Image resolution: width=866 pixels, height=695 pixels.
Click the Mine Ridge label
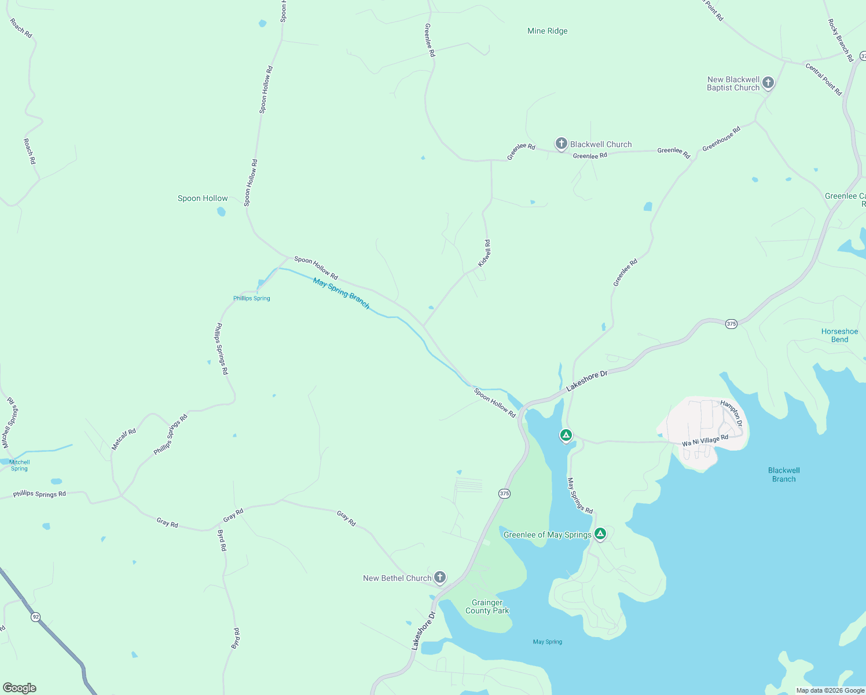coord(547,31)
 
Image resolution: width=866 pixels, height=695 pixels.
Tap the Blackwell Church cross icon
coord(561,144)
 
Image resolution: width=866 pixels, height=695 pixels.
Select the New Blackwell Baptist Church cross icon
coord(768,83)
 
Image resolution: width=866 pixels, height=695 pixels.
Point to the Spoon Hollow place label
coord(203,199)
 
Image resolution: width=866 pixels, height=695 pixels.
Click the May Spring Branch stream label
coord(341,293)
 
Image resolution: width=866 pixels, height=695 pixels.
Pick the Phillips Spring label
coord(252,298)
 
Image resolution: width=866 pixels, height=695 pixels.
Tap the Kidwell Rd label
coord(485,253)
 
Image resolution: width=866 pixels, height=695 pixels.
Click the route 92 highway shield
coord(36,617)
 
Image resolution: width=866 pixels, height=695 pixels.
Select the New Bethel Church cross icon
coord(440,577)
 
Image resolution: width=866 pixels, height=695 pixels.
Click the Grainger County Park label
coord(487,607)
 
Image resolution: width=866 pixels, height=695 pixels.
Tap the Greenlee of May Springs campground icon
coord(600,533)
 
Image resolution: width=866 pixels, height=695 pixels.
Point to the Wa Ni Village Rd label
coord(704,441)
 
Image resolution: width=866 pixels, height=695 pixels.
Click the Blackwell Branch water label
coord(784,475)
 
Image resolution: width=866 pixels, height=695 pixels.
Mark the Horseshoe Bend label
coord(839,336)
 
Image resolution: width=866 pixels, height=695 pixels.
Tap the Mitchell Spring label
coord(20,465)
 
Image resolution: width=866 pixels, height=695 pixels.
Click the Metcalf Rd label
coord(124,439)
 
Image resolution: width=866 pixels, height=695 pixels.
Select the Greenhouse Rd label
coord(721,139)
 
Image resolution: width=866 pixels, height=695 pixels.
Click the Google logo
coord(20,688)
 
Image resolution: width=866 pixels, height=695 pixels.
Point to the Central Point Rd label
coord(823,79)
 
